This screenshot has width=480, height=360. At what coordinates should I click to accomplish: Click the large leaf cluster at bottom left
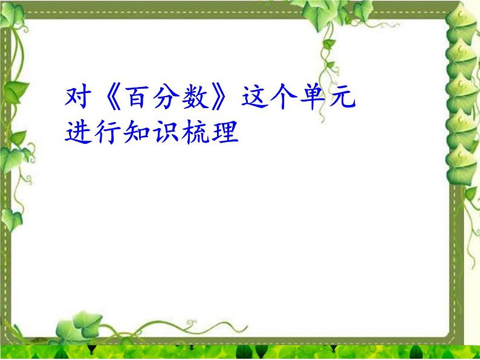click(x=76, y=331)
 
